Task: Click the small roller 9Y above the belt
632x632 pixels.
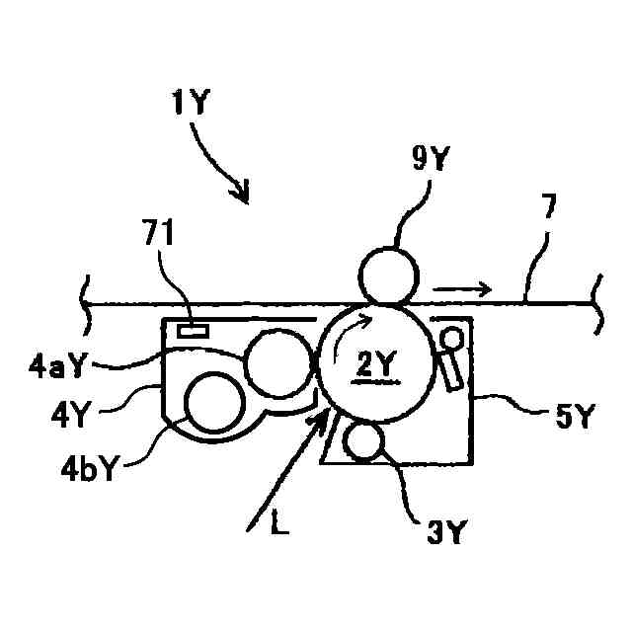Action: coord(387,274)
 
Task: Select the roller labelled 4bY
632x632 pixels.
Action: coord(213,404)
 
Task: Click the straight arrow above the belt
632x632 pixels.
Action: coord(461,289)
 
